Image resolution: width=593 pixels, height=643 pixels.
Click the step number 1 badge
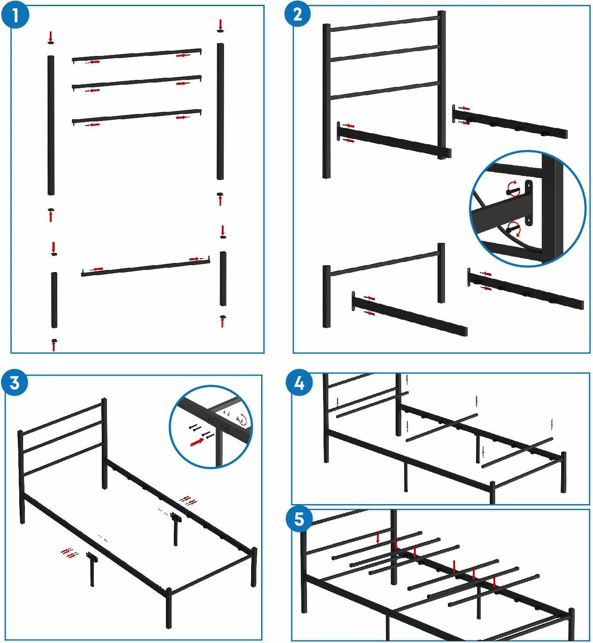click(x=15, y=15)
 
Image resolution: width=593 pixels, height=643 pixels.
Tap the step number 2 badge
click(x=298, y=14)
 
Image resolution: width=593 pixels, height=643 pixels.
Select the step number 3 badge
click(x=15, y=383)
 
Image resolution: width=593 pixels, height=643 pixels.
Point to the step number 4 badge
click(x=299, y=383)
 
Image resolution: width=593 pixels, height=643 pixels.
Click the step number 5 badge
click(x=299, y=519)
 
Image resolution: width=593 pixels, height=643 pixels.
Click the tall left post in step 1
click(x=51, y=125)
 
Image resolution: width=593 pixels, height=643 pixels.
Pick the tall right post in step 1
click(x=220, y=111)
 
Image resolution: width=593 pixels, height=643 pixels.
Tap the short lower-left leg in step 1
click(x=54, y=300)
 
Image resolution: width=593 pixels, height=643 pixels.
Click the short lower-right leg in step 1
click(x=223, y=278)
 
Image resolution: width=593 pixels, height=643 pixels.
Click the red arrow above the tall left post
click(x=50, y=36)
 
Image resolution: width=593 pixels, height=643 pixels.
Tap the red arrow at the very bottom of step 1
click(x=54, y=346)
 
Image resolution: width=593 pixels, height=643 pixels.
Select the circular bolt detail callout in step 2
click(x=527, y=208)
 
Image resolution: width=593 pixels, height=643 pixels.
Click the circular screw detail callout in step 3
click(x=211, y=427)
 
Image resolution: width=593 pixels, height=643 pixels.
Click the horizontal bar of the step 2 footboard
click(x=384, y=263)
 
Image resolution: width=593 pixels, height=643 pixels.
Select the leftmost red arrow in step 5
click(x=378, y=538)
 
